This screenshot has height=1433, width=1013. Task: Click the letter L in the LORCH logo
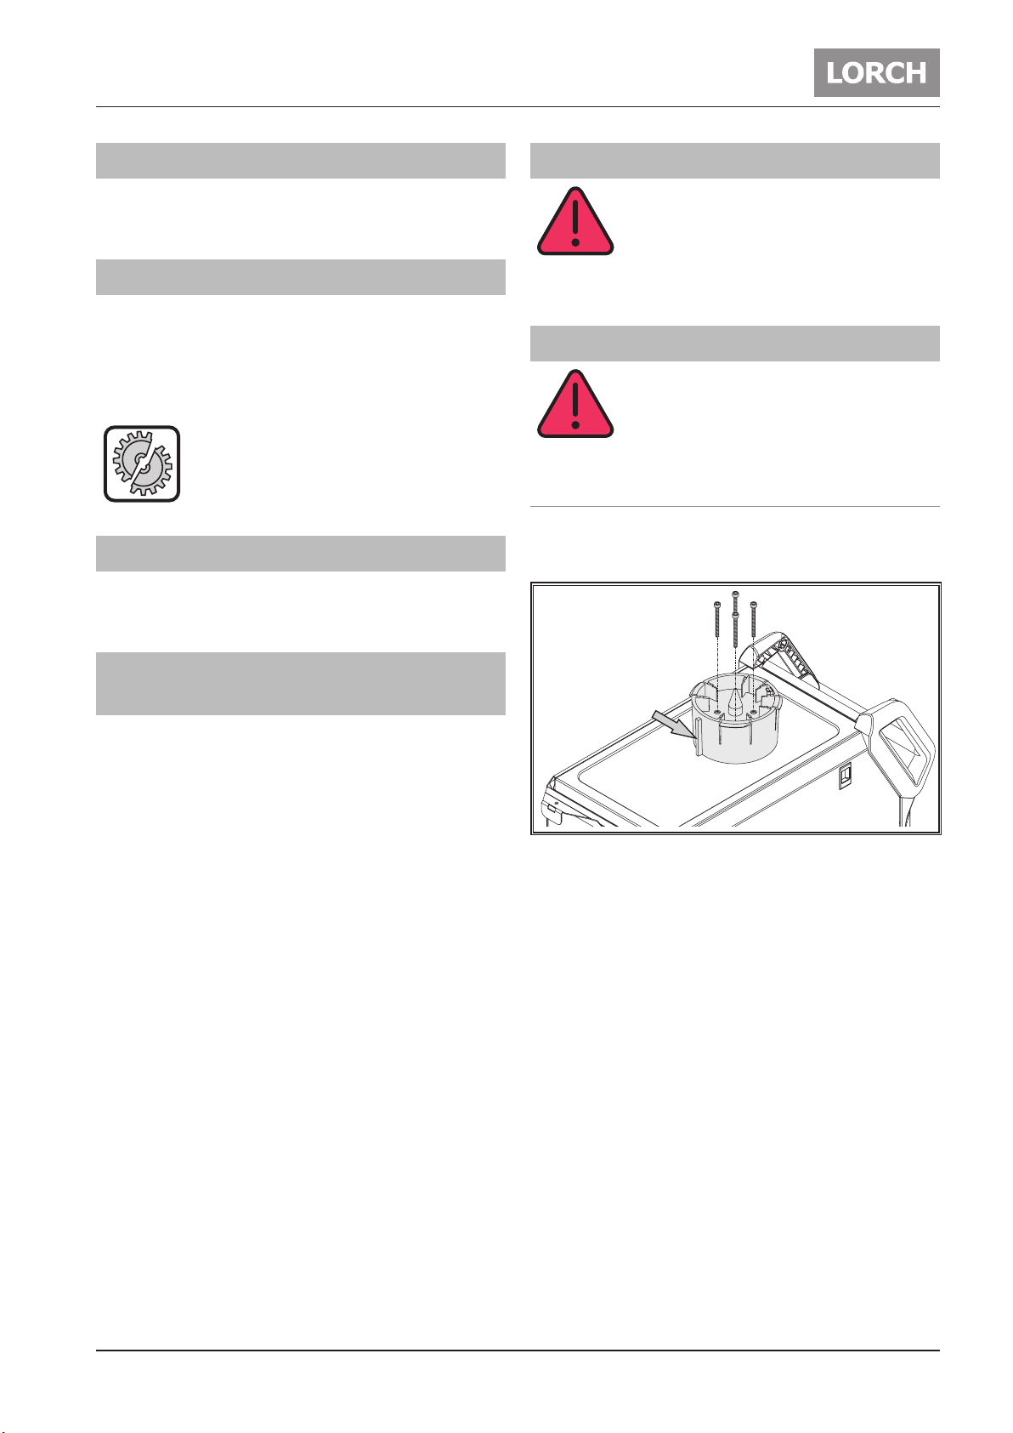pyautogui.click(x=835, y=73)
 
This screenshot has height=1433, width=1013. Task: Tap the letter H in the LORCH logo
pyautogui.click(x=916, y=73)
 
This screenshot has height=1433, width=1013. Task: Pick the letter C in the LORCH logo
pyautogui.click(x=896, y=73)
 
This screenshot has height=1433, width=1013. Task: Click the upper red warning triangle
pyautogui.click(x=575, y=221)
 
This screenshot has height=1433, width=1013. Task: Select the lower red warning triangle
pyautogui.click(x=575, y=404)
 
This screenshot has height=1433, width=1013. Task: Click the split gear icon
pyautogui.click(x=142, y=463)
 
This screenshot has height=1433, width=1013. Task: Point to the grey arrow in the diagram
pyautogui.click(x=673, y=725)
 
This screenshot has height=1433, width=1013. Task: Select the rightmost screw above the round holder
pyautogui.click(x=754, y=619)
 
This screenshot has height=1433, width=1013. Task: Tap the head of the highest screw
pyautogui.click(x=736, y=594)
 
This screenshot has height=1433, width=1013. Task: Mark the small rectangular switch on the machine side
pyautogui.click(x=845, y=776)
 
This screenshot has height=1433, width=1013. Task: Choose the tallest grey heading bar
pyautogui.click(x=300, y=683)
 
